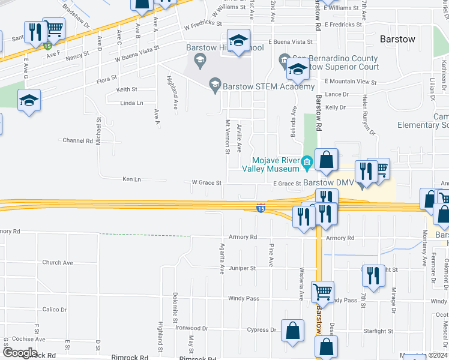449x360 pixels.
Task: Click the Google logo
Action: click(x=20, y=353)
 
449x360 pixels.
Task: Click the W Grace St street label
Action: click(x=206, y=182)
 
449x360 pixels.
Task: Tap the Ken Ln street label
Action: click(x=131, y=179)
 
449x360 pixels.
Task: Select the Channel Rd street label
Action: click(x=76, y=140)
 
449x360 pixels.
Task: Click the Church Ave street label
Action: click(x=57, y=263)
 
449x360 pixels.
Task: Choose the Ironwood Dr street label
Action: click(x=191, y=328)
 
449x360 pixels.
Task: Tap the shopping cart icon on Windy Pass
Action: click(x=323, y=291)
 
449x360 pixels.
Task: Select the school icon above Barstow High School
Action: click(x=240, y=41)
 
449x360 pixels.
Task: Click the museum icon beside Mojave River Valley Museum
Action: click(x=307, y=161)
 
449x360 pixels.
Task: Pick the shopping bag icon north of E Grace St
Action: click(x=327, y=160)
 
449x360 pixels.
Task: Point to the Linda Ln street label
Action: click(x=132, y=103)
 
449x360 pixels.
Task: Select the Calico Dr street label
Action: click(x=55, y=310)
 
